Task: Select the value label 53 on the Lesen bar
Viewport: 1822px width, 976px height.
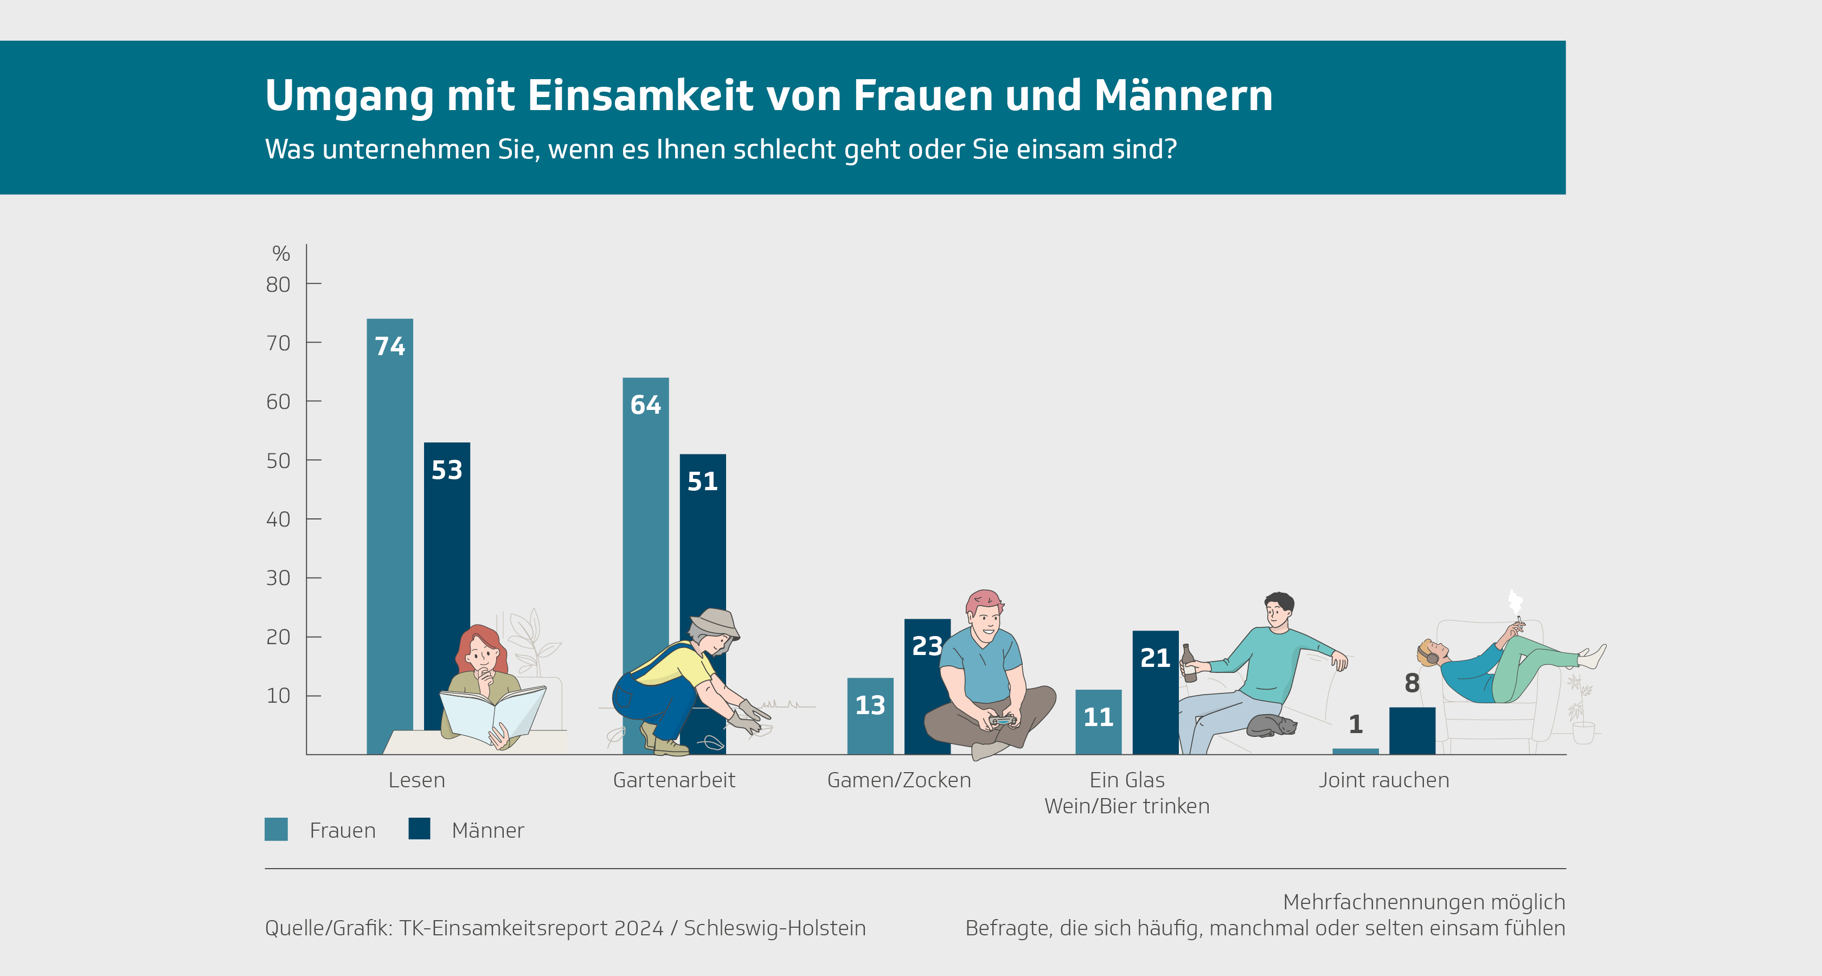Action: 447,470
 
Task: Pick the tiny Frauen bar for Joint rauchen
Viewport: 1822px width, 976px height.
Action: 1355,751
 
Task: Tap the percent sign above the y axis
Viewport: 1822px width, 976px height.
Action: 281,253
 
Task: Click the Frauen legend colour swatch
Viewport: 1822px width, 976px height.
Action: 276,829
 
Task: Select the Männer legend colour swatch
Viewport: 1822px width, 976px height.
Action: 419,829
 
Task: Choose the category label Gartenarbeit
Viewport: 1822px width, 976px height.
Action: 674,780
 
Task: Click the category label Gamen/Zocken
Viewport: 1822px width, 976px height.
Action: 899,780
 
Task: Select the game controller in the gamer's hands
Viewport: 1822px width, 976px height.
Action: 1002,721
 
